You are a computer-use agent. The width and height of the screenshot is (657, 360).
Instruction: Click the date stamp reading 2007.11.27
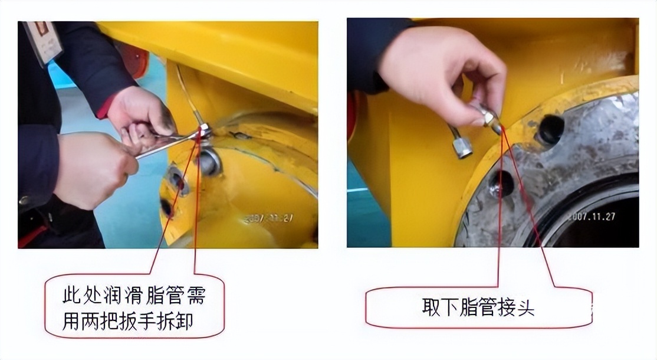(x=591, y=217)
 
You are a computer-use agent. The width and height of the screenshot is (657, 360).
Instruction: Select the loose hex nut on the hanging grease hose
(x=462, y=148)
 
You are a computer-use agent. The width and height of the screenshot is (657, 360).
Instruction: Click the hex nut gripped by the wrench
(x=203, y=131)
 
